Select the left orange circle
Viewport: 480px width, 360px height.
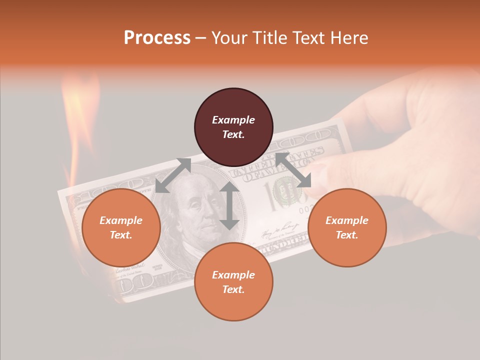(x=121, y=227)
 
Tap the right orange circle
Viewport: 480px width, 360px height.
(x=347, y=227)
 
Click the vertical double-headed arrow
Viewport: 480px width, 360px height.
(x=229, y=205)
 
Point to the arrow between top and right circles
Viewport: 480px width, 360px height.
(x=293, y=170)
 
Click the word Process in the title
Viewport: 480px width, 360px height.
(x=157, y=37)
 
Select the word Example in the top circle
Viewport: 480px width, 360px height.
(x=233, y=120)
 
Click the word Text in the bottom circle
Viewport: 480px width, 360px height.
(x=233, y=289)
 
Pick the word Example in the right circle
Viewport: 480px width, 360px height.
(x=347, y=220)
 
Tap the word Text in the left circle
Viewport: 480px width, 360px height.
(x=121, y=235)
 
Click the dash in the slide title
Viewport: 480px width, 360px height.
(x=201, y=38)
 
